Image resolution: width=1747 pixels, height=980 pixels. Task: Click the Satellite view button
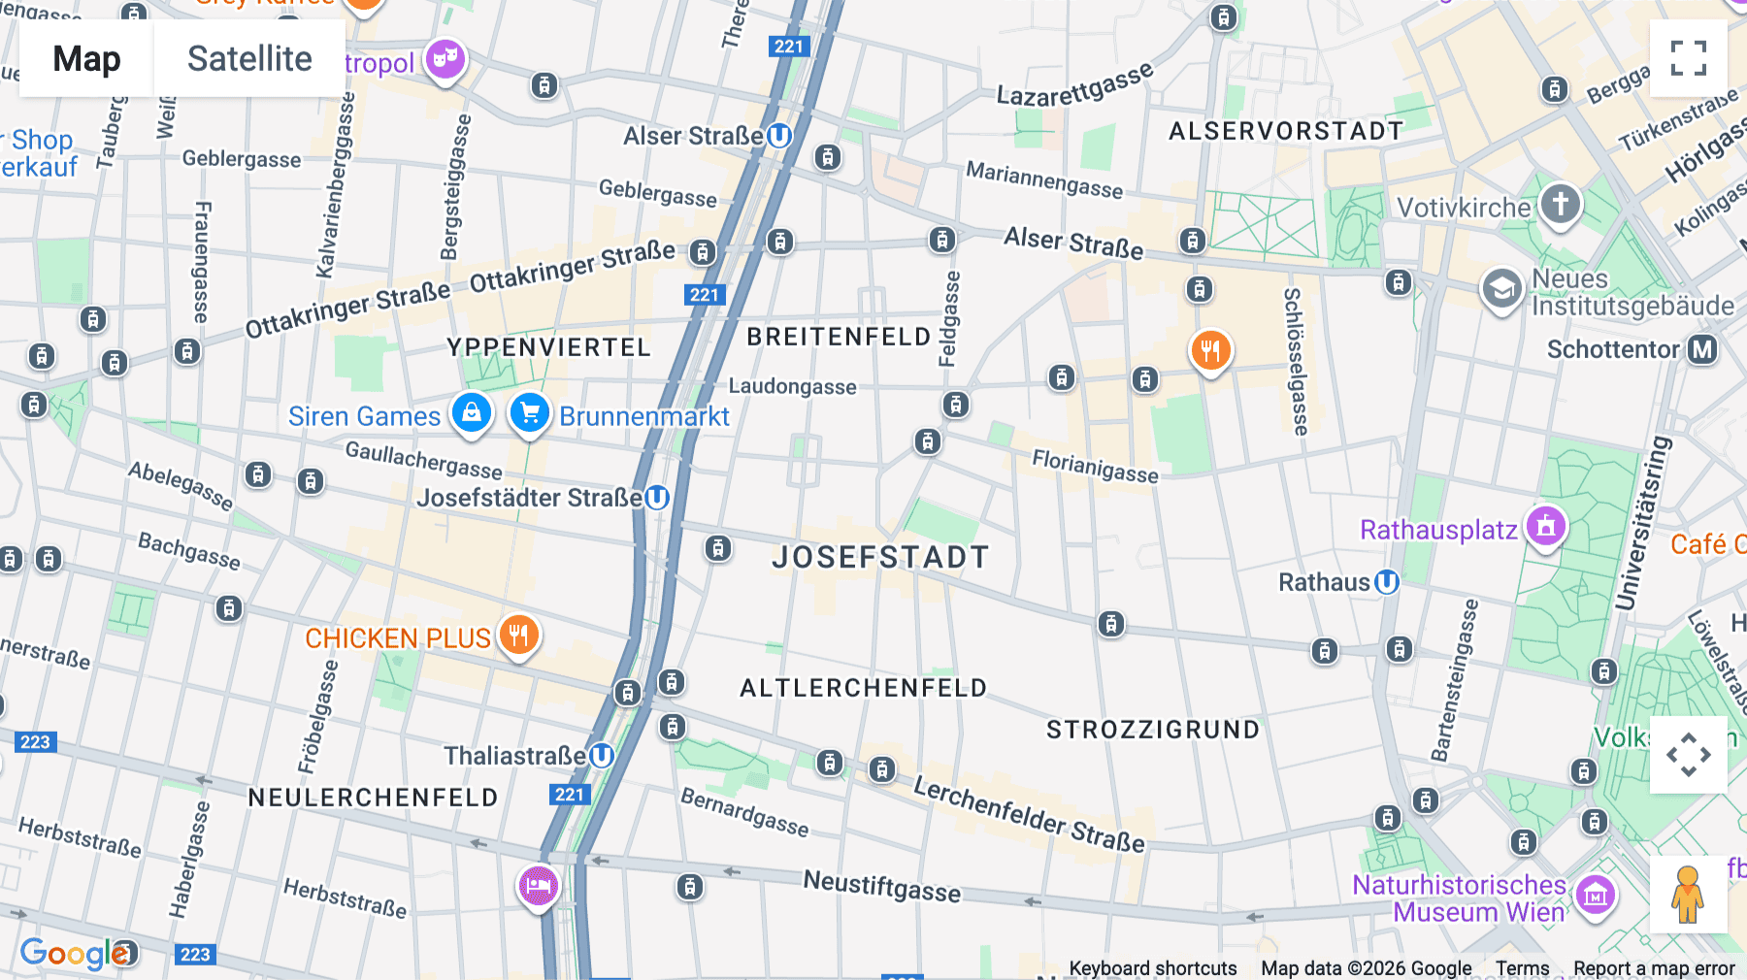coord(249,58)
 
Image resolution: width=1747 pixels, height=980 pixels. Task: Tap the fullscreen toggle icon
coord(1688,58)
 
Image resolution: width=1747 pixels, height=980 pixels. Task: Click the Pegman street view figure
coord(1688,895)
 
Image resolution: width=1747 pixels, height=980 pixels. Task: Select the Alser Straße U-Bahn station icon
coord(779,136)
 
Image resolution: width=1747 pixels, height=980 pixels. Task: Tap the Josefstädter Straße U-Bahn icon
coord(657,498)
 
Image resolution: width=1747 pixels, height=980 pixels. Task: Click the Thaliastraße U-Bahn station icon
coord(602,755)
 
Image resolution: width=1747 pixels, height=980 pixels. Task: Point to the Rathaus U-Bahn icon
coord(1387,582)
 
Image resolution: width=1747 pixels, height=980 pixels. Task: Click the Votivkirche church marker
coord(1560,205)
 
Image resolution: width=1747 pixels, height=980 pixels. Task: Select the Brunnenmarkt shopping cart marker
coord(530,413)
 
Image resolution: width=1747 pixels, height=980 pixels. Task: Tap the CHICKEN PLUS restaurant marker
coord(519,636)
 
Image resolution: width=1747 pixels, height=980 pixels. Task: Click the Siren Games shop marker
coord(472,413)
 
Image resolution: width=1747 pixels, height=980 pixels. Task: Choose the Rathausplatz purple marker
coord(1545,527)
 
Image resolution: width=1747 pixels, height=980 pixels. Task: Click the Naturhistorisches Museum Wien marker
coord(1596,896)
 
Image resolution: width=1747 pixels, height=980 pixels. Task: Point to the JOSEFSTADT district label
coord(880,557)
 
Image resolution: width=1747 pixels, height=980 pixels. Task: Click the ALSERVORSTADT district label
coord(1286,131)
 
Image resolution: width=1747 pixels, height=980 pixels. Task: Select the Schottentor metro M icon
coord(1702,349)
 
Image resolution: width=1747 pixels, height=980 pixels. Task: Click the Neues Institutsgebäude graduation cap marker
coord(1501,289)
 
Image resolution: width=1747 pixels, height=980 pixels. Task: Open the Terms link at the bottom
coord(1522,967)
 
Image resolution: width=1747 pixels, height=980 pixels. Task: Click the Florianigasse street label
coord(1095,466)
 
